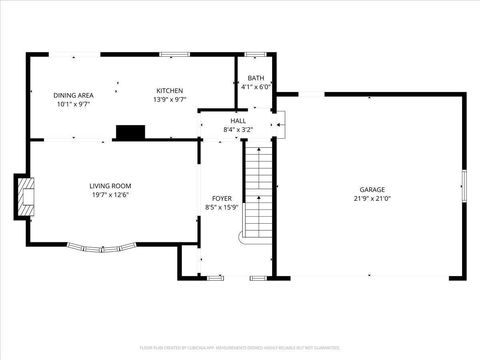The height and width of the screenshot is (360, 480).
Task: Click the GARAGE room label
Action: coord(372,190)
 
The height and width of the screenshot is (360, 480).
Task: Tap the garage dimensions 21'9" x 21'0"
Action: coord(372,199)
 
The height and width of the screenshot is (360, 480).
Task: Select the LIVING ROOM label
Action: coord(111,186)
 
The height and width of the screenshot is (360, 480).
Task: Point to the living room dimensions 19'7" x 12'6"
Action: coord(111,195)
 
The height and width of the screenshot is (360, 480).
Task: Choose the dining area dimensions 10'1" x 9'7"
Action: coord(72,103)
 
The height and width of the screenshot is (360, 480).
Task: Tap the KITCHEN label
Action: coord(169,90)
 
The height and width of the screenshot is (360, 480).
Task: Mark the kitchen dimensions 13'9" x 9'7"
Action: coord(169,99)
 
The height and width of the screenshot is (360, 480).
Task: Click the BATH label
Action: coord(256,78)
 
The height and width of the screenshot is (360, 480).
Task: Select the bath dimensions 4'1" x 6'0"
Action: coord(256,87)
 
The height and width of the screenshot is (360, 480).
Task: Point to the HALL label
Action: coord(238,120)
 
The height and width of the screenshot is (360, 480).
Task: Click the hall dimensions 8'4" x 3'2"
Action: coord(238,129)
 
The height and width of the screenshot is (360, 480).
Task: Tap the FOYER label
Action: coord(221,199)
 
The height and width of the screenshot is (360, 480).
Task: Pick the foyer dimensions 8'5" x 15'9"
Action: coord(221,208)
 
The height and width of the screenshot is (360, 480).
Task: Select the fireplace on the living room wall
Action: coord(24,196)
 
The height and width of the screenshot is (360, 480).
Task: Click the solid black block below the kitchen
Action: coord(129,132)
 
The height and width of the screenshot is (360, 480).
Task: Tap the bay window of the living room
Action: coord(98,247)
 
